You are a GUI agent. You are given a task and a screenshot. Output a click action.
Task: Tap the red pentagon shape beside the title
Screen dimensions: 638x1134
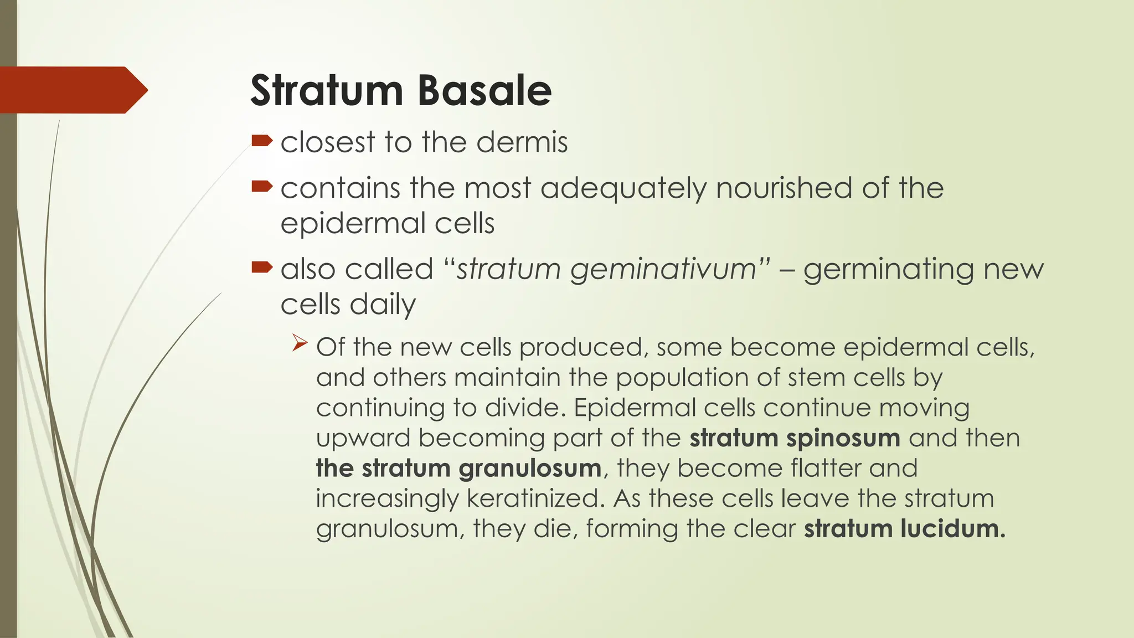tap(72, 90)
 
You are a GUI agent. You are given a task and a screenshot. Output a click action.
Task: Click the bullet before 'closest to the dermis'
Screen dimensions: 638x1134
tap(261, 140)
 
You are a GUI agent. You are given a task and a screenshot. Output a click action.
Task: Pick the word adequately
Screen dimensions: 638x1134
tap(623, 189)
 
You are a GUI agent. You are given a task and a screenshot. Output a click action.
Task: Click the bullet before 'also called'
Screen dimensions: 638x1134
tap(261, 267)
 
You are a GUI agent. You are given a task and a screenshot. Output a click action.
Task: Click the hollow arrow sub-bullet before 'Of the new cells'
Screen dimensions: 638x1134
tap(300, 343)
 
